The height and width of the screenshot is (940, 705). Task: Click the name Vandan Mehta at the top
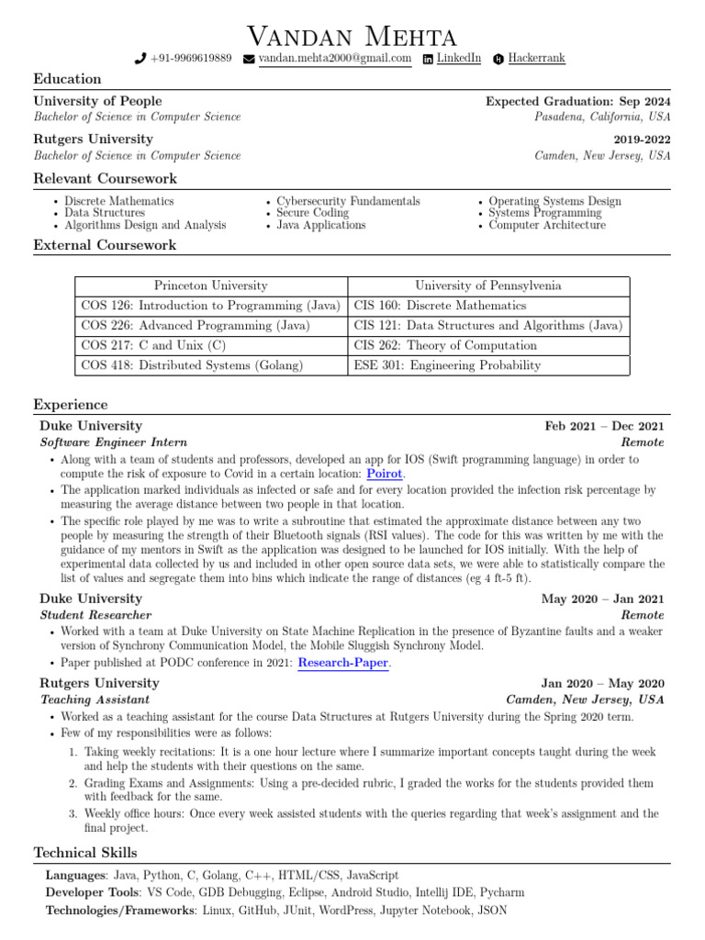(x=352, y=37)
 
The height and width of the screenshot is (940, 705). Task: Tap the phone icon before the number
(x=140, y=59)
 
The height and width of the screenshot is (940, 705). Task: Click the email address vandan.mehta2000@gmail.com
(x=334, y=59)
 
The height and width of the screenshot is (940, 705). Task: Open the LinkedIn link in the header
(x=458, y=59)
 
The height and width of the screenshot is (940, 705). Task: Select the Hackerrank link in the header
(x=536, y=59)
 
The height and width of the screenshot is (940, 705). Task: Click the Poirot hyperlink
(x=385, y=474)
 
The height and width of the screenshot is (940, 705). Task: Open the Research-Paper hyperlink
(x=343, y=662)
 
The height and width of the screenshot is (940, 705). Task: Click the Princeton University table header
(x=211, y=286)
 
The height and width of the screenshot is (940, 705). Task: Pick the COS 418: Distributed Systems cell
(x=191, y=365)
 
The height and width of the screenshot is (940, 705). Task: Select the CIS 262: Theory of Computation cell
(x=445, y=345)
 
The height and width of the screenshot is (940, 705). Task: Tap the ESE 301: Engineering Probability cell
(x=447, y=365)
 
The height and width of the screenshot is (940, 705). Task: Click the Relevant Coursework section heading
(x=106, y=178)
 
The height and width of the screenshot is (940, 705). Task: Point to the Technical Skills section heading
(x=85, y=853)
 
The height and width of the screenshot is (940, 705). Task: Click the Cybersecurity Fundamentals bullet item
(x=348, y=201)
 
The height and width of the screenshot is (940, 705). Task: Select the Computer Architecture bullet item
(x=547, y=225)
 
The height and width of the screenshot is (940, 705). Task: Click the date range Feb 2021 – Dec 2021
(x=604, y=426)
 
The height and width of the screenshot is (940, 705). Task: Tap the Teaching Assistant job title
(x=95, y=699)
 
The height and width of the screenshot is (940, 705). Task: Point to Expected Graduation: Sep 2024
(x=577, y=102)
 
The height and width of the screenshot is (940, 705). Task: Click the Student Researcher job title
(x=95, y=615)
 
